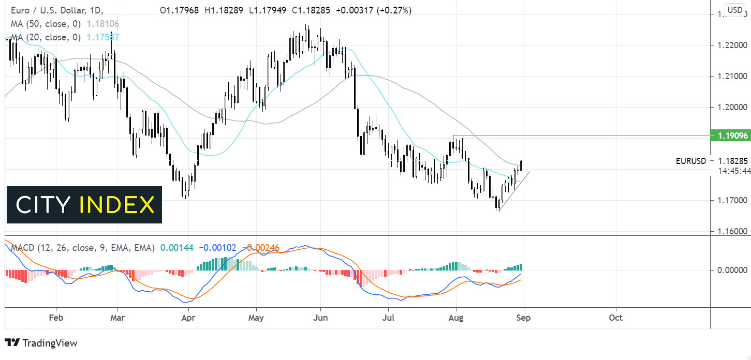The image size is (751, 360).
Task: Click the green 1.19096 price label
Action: tap(730, 136)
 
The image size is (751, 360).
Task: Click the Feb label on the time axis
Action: tap(55, 317)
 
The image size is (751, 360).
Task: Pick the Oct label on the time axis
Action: tap(615, 317)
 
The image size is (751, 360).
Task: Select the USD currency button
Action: tap(735, 9)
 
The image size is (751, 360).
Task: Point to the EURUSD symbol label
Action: tap(690, 161)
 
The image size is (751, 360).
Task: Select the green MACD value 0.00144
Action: tap(176, 248)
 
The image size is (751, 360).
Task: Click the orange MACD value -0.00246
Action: tap(262, 248)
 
